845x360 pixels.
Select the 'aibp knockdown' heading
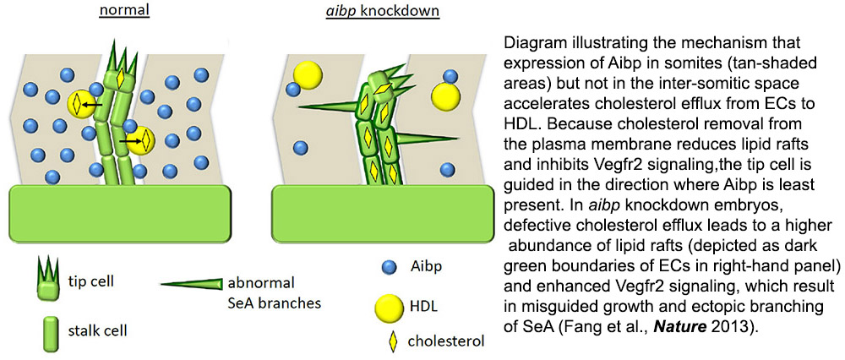(x=383, y=12)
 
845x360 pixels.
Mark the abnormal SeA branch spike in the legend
(x=192, y=283)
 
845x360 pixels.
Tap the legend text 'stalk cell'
(x=102, y=330)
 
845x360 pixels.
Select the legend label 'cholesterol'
(x=445, y=341)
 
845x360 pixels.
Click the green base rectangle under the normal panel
(x=122, y=214)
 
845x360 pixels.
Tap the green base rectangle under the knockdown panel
(x=382, y=214)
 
